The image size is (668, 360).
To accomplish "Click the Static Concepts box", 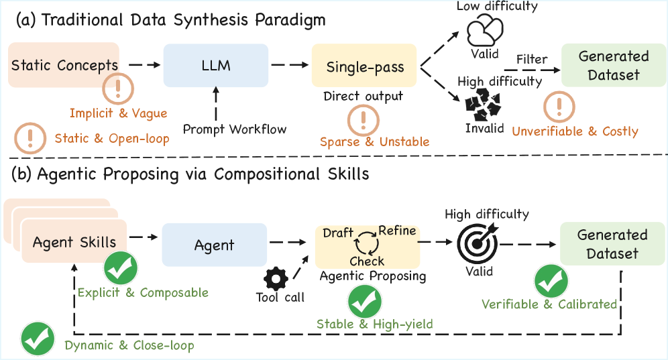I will (x=64, y=65).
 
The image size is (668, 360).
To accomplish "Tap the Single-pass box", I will (x=364, y=66).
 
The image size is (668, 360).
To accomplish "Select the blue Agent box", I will (x=214, y=245).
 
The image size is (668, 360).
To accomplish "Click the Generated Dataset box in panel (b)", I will (x=612, y=245).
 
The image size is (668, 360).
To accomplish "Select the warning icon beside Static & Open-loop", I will (x=29, y=138).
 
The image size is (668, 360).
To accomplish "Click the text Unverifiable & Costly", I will (x=575, y=131).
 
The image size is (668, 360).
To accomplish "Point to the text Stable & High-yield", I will (x=374, y=324).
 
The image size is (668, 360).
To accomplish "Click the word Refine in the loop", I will (x=397, y=231).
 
